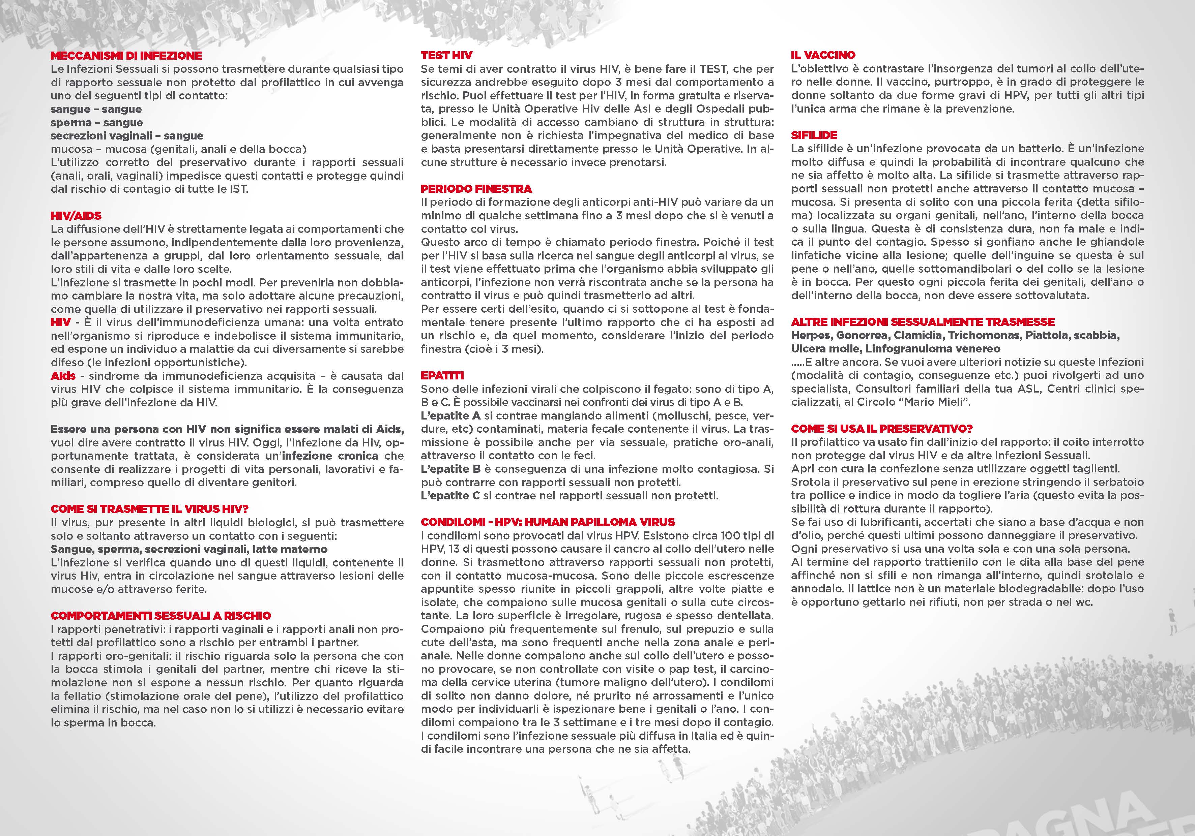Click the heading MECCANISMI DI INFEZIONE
126,56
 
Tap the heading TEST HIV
446,56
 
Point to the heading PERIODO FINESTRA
476,188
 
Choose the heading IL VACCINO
823,55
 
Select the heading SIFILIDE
814,135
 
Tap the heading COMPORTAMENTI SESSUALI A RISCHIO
161,615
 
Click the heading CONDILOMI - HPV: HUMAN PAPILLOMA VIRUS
548,522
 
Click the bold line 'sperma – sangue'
96,123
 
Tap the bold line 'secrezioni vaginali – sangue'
126,136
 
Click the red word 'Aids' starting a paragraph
63,376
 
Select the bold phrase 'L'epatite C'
450,496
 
